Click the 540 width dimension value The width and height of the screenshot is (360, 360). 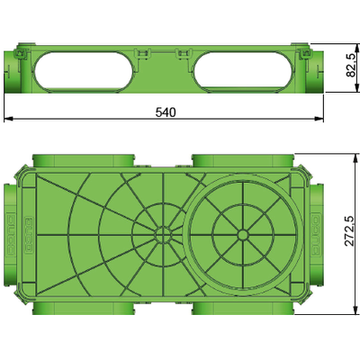[x=166, y=112]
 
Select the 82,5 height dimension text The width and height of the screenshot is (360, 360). [x=351, y=66]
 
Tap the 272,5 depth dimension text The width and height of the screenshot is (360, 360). [x=349, y=231]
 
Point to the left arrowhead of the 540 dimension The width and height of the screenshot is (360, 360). [x=8, y=119]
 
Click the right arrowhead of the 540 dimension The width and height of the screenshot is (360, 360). [x=319, y=119]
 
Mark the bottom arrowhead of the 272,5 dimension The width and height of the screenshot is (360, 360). [x=356, y=310]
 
